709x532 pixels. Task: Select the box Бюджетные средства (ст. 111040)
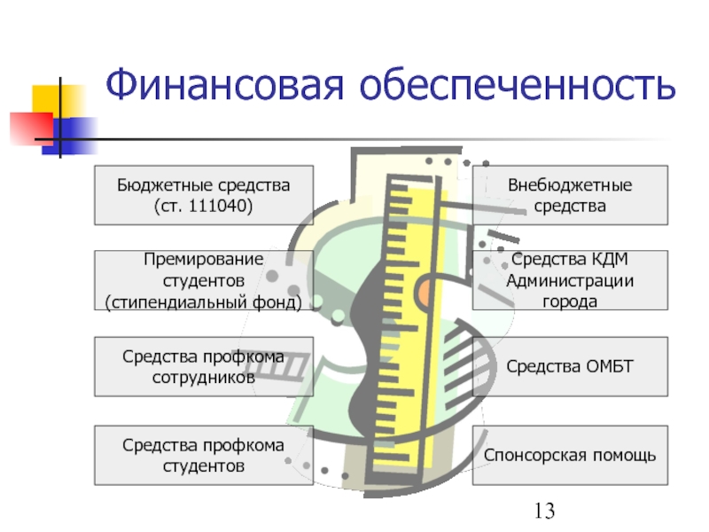coord(204,195)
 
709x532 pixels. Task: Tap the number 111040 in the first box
coord(222,206)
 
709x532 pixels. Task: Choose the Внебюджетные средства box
coord(570,195)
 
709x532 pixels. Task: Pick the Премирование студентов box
coord(204,279)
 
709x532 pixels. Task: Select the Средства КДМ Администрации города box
coord(570,279)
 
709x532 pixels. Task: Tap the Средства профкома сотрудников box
coord(204,366)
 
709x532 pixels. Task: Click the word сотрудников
coord(204,377)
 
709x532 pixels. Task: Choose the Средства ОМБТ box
coord(570,366)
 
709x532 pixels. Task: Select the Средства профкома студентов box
coord(204,455)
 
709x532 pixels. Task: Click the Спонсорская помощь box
coord(570,455)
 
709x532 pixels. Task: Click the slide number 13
coord(544,510)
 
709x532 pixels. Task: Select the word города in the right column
coord(570,301)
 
